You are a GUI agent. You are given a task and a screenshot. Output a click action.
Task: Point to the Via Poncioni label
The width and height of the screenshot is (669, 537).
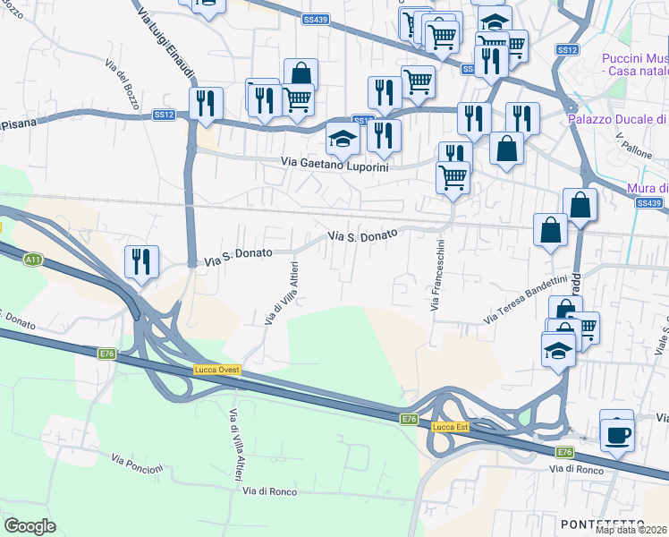(138, 464)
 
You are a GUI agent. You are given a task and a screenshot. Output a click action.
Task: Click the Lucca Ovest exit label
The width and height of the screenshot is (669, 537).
(217, 370)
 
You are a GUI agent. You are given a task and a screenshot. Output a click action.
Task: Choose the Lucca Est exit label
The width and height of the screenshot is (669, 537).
(450, 427)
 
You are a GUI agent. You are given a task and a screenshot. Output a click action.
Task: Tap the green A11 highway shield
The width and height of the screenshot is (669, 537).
(33, 260)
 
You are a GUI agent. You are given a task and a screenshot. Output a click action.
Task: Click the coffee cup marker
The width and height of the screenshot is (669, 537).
(616, 435)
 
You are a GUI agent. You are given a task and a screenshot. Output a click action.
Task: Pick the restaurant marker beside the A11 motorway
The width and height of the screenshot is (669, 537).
(141, 261)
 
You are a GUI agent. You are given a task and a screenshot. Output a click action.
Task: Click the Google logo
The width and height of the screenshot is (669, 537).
(30, 526)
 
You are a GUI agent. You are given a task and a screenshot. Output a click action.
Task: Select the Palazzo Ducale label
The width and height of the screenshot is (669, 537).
(618, 119)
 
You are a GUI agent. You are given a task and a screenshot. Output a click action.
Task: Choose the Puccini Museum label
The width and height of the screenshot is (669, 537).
(634, 64)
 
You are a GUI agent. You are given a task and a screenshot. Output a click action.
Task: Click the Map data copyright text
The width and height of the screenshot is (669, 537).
(631, 530)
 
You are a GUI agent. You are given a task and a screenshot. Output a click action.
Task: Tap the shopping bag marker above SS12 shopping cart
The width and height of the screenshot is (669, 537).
(301, 72)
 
